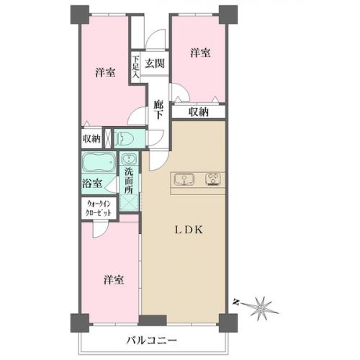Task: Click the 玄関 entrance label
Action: click(x=154, y=63)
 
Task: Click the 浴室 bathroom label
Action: click(x=91, y=184)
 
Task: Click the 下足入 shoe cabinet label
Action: click(x=135, y=67)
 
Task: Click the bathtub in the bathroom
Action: click(x=96, y=163)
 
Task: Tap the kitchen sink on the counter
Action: click(x=181, y=179)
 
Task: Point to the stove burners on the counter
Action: click(x=215, y=179)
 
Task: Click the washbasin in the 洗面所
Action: click(x=130, y=159)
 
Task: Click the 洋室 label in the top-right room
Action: click(x=200, y=53)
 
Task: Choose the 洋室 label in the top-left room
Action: click(x=105, y=72)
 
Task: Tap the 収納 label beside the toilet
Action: click(x=91, y=138)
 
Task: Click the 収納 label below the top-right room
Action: click(x=199, y=112)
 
